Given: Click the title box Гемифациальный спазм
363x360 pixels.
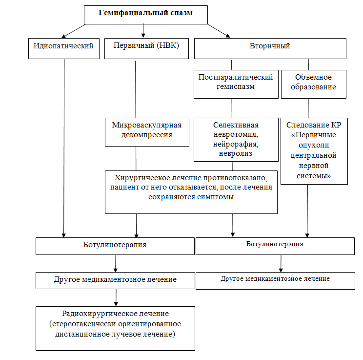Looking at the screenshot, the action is click(145, 15).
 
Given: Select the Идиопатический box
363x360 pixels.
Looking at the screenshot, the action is click(64, 48).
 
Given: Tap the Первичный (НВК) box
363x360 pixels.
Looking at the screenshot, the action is click(146, 48).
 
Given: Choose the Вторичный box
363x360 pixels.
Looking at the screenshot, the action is click(270, 48).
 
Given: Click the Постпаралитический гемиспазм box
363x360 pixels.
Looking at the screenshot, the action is click(236, 84).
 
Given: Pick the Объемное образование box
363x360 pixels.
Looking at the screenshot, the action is click(314, 84).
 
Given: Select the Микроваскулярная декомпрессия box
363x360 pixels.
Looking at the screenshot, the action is click(147, 132).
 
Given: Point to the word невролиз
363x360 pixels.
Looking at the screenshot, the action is click(236, 153).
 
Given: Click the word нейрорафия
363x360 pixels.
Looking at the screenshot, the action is click(236, 144).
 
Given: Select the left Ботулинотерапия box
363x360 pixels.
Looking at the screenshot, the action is click(115, 246).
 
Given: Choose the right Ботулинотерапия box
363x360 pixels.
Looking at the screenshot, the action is click(275, 246).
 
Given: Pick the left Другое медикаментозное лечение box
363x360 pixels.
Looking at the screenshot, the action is click(115, 280).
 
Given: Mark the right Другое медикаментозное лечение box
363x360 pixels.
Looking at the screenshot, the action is click(275, 281).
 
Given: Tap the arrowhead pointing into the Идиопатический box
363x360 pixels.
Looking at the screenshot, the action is click(63, 37).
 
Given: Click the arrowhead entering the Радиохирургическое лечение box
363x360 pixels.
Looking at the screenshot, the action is click(116, 304).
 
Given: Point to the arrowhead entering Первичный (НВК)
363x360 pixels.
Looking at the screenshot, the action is click(143, 35).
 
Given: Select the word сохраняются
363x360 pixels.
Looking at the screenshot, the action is click(172, 197).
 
